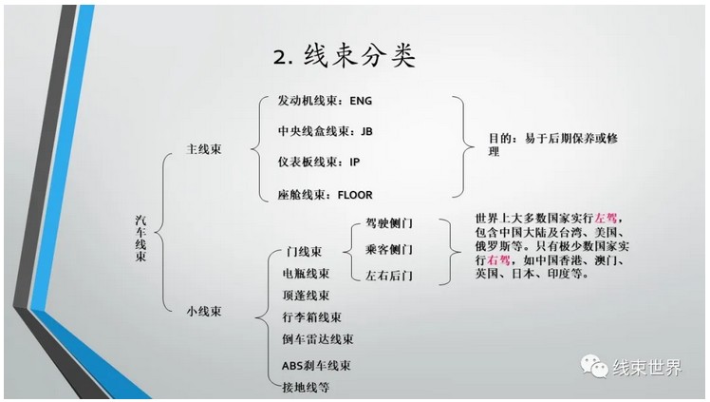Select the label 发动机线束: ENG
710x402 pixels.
pyautogui.click(x=319, y=100)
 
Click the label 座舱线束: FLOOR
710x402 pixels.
pyautogui.click(x=319, y=195)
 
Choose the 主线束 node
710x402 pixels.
pyautogui.click(x=204, y=149)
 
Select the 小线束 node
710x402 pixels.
pyautogui.click(x=204, y=310)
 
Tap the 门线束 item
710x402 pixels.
pyautogui.click(x=303, y=252)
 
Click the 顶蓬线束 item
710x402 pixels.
pyautogui.click(x=306, y=296)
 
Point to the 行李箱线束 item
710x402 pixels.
pyautogui.click(x=311, y=316)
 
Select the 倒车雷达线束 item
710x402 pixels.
pyautogui.click(x=317, y=339)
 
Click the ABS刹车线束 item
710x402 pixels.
pyautogui.click(x=316, y=365)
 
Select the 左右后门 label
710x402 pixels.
pyautogui.click(x=389, y=277)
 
